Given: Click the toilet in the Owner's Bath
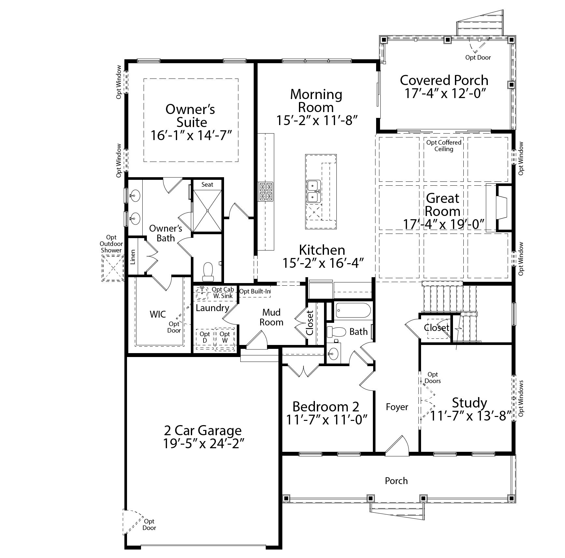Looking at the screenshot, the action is pos(207,272).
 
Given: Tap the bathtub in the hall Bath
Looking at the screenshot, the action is pos(353,311).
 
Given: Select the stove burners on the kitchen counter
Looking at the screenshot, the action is pos(266,192).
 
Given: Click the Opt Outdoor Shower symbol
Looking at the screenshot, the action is pos(113,268).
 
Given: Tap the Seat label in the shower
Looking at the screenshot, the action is pos(207,184).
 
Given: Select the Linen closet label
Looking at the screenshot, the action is pos(133,257).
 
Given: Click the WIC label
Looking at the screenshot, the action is pos(158,314).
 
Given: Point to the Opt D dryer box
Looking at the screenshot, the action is pos(205,339).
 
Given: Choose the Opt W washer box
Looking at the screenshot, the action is pos(225,339).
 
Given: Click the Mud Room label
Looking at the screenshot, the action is pos(272,317).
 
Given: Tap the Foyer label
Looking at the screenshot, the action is pos(397,407).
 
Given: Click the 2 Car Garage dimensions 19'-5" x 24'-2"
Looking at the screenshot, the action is pos(204,444).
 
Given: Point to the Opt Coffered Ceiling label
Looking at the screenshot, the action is pos(444,146).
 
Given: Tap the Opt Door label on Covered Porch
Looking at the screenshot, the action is pos(478,57).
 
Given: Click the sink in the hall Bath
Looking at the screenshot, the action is pos(333,352).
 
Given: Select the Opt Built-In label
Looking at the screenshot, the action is pos(255,291).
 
